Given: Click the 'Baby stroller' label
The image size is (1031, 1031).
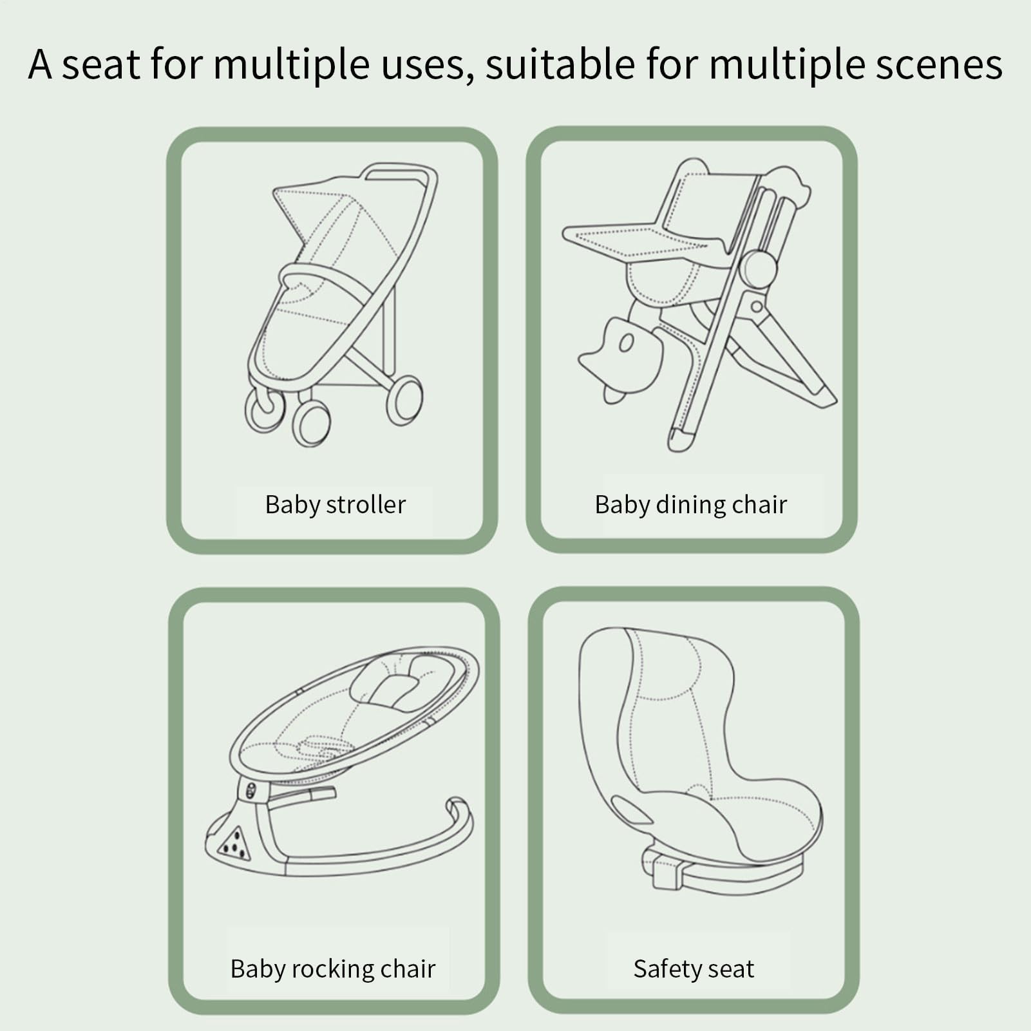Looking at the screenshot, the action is pyautogui.click(x=336, y=505).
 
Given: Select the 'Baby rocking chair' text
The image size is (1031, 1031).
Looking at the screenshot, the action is pyautogui.click(x=333, y=969).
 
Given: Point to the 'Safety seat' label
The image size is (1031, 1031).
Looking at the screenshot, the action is pyautogui.click(x=694, y=969).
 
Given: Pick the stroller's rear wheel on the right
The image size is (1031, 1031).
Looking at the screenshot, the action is pyautogui.click(x=404, y=401).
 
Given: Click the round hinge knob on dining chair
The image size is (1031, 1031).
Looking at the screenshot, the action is pyautogui.click(x=758, y=269).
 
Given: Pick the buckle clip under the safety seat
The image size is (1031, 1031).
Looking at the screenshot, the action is pyautogui.click(x=663, y=869).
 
